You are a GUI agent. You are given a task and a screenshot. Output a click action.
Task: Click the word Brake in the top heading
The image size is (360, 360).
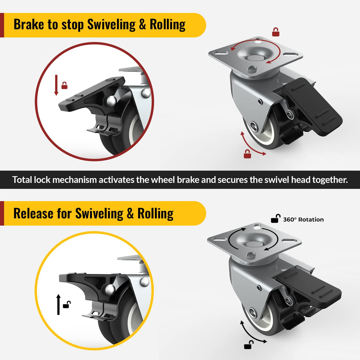[x=29, y=25]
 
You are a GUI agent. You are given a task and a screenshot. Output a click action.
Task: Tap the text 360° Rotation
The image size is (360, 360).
[x=303, y=220]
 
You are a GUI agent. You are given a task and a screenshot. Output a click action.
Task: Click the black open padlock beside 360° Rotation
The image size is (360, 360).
[x=275, y=219]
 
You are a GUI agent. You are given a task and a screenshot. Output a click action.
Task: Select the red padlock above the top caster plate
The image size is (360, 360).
[x=276, y=32]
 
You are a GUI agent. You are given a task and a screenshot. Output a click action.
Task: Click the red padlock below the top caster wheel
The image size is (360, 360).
[x=247, y=154]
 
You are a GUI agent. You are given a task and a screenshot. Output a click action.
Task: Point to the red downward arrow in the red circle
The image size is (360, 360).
[x=56, y=85]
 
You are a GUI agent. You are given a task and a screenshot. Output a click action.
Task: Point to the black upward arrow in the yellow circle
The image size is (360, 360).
[x=58, y=304]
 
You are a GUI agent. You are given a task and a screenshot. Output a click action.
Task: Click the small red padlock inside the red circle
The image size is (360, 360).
[x=64, y=86]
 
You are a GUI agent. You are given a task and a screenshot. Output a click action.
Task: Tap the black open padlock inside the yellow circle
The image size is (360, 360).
[x=67, y=305]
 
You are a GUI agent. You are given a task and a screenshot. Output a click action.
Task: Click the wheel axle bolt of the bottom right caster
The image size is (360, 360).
[x=253, y=312]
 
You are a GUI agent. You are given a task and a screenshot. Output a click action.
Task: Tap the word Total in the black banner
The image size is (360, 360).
[x=22, y=180]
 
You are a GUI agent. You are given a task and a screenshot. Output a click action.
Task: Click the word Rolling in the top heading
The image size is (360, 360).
[x=168, y=25]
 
